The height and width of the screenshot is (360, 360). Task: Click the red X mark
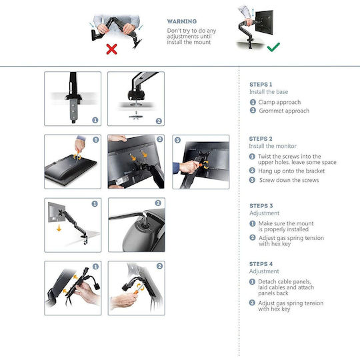111,49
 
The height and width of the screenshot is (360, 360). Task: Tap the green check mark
273,47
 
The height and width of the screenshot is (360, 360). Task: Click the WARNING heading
182,21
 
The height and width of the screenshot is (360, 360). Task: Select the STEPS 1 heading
261,85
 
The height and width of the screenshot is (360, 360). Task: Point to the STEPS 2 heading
261,139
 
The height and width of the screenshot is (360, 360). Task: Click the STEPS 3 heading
261,206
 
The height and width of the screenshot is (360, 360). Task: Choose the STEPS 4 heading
261,264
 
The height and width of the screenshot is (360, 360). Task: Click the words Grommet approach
284,111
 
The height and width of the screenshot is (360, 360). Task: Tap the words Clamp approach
279,102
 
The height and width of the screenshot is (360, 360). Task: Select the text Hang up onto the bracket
291,171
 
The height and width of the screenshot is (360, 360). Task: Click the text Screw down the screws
289,180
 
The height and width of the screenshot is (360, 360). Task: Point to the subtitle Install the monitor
273,146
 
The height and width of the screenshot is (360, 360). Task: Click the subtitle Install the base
269,92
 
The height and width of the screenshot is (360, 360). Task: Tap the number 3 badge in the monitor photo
177,140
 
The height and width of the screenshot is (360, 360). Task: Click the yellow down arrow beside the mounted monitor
59,228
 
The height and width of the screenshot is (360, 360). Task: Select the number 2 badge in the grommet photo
159,121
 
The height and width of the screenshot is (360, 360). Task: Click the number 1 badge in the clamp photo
95,120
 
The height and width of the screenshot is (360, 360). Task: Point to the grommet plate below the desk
136,117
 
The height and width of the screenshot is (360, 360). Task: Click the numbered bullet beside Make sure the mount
253,223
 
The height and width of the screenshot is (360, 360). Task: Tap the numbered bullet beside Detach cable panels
252,282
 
